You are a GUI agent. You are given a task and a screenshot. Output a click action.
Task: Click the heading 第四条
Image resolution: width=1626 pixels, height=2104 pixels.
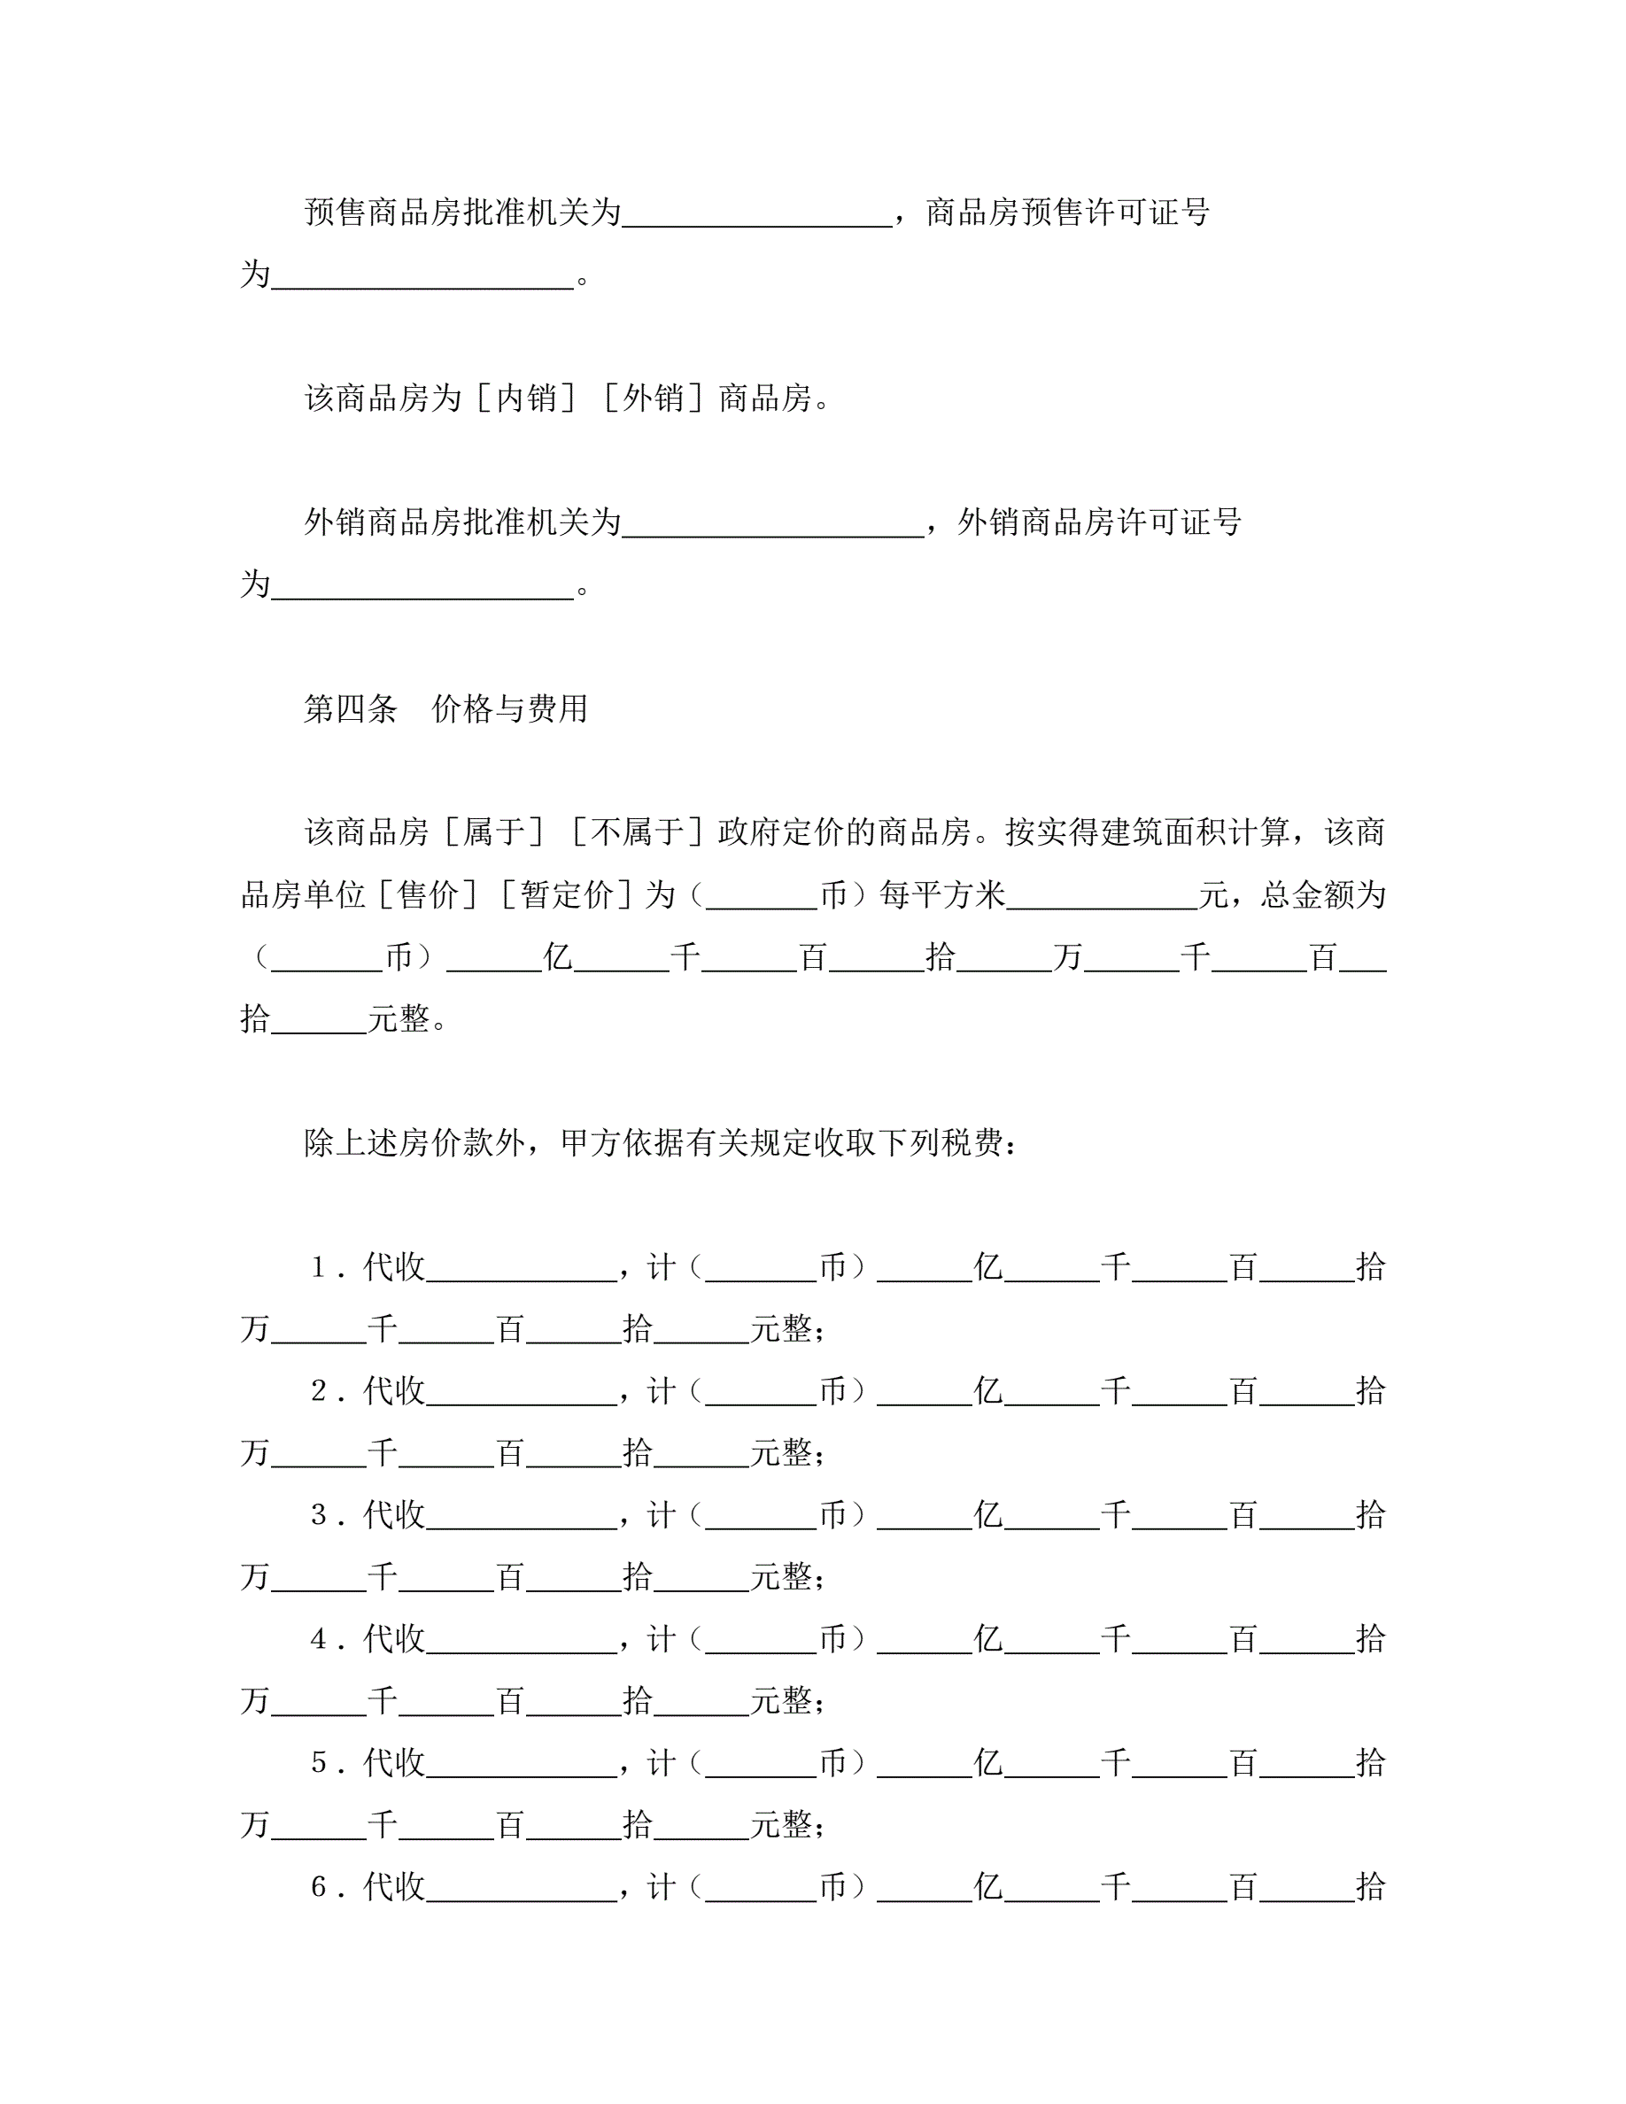click(x=351, y=709)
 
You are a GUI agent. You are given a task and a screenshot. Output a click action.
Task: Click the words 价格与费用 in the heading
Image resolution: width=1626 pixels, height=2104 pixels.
click(x=509, y=709)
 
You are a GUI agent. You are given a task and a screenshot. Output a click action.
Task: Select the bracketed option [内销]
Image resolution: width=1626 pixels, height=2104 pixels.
click(x=527, y=398)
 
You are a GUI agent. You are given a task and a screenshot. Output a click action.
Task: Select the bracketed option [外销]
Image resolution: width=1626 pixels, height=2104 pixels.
click(x=654, y=398)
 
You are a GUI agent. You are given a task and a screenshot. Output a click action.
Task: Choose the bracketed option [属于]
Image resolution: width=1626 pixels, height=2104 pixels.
click(x=494, y=832)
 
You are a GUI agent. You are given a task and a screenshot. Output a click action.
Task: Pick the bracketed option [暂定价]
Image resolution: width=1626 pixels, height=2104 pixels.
click(x=567, y=894)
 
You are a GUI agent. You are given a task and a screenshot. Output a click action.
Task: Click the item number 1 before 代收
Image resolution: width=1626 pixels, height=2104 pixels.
click(x=319, y=1267)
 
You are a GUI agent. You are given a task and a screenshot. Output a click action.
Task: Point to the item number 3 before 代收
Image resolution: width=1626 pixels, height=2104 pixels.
click(x=319, y=1515)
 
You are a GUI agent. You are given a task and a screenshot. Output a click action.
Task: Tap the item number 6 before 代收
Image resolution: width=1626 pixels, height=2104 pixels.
click(x=319, y=1887)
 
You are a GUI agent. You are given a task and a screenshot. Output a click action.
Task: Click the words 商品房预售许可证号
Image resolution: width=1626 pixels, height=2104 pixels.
click(x=1067, y=212)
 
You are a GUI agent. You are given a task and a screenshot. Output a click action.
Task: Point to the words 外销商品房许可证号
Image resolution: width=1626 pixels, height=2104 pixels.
click(x=1099, y=522)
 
